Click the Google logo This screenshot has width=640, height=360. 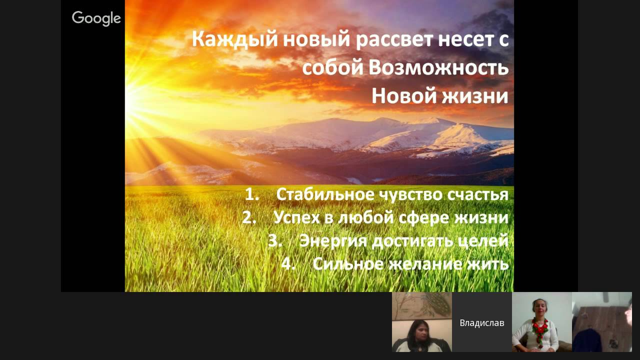[96, 18]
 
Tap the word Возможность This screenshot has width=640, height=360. [438, 68]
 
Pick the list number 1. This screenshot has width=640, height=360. [251, 194]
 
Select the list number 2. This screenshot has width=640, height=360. [249, 217]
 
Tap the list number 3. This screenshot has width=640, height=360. [275, 240]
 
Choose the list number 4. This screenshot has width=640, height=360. [288, 263]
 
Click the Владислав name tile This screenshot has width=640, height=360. [482, 322]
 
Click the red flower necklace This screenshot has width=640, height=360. [540, 330]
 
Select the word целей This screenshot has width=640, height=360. [483, 240]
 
